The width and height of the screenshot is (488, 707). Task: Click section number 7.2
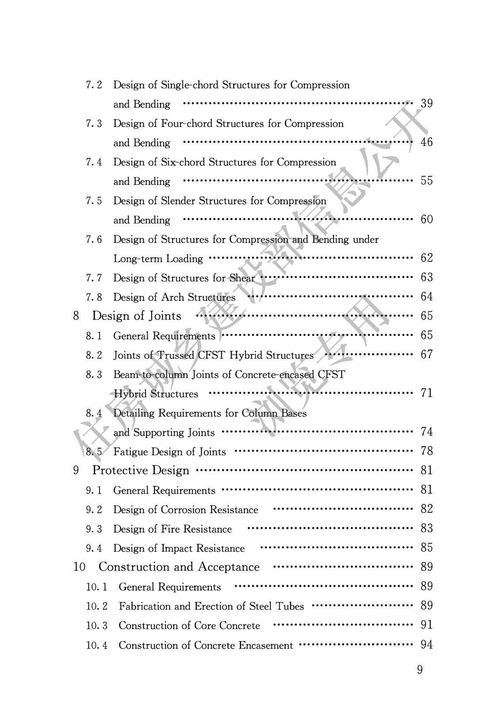click(94, 85)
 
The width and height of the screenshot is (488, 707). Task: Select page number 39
click(427, 104)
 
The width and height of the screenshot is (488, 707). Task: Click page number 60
click(427, 219)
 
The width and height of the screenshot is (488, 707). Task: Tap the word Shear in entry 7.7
click(242, 278)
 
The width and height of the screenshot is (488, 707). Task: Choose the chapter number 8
click(76, 316)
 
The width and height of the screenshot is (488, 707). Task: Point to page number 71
click(427, 393)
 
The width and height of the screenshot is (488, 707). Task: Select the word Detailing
click(134, 413)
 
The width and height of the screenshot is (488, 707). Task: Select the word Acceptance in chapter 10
click(228, 567)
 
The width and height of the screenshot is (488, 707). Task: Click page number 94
click(427, 645)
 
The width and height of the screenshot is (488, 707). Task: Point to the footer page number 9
click(420, 670)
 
